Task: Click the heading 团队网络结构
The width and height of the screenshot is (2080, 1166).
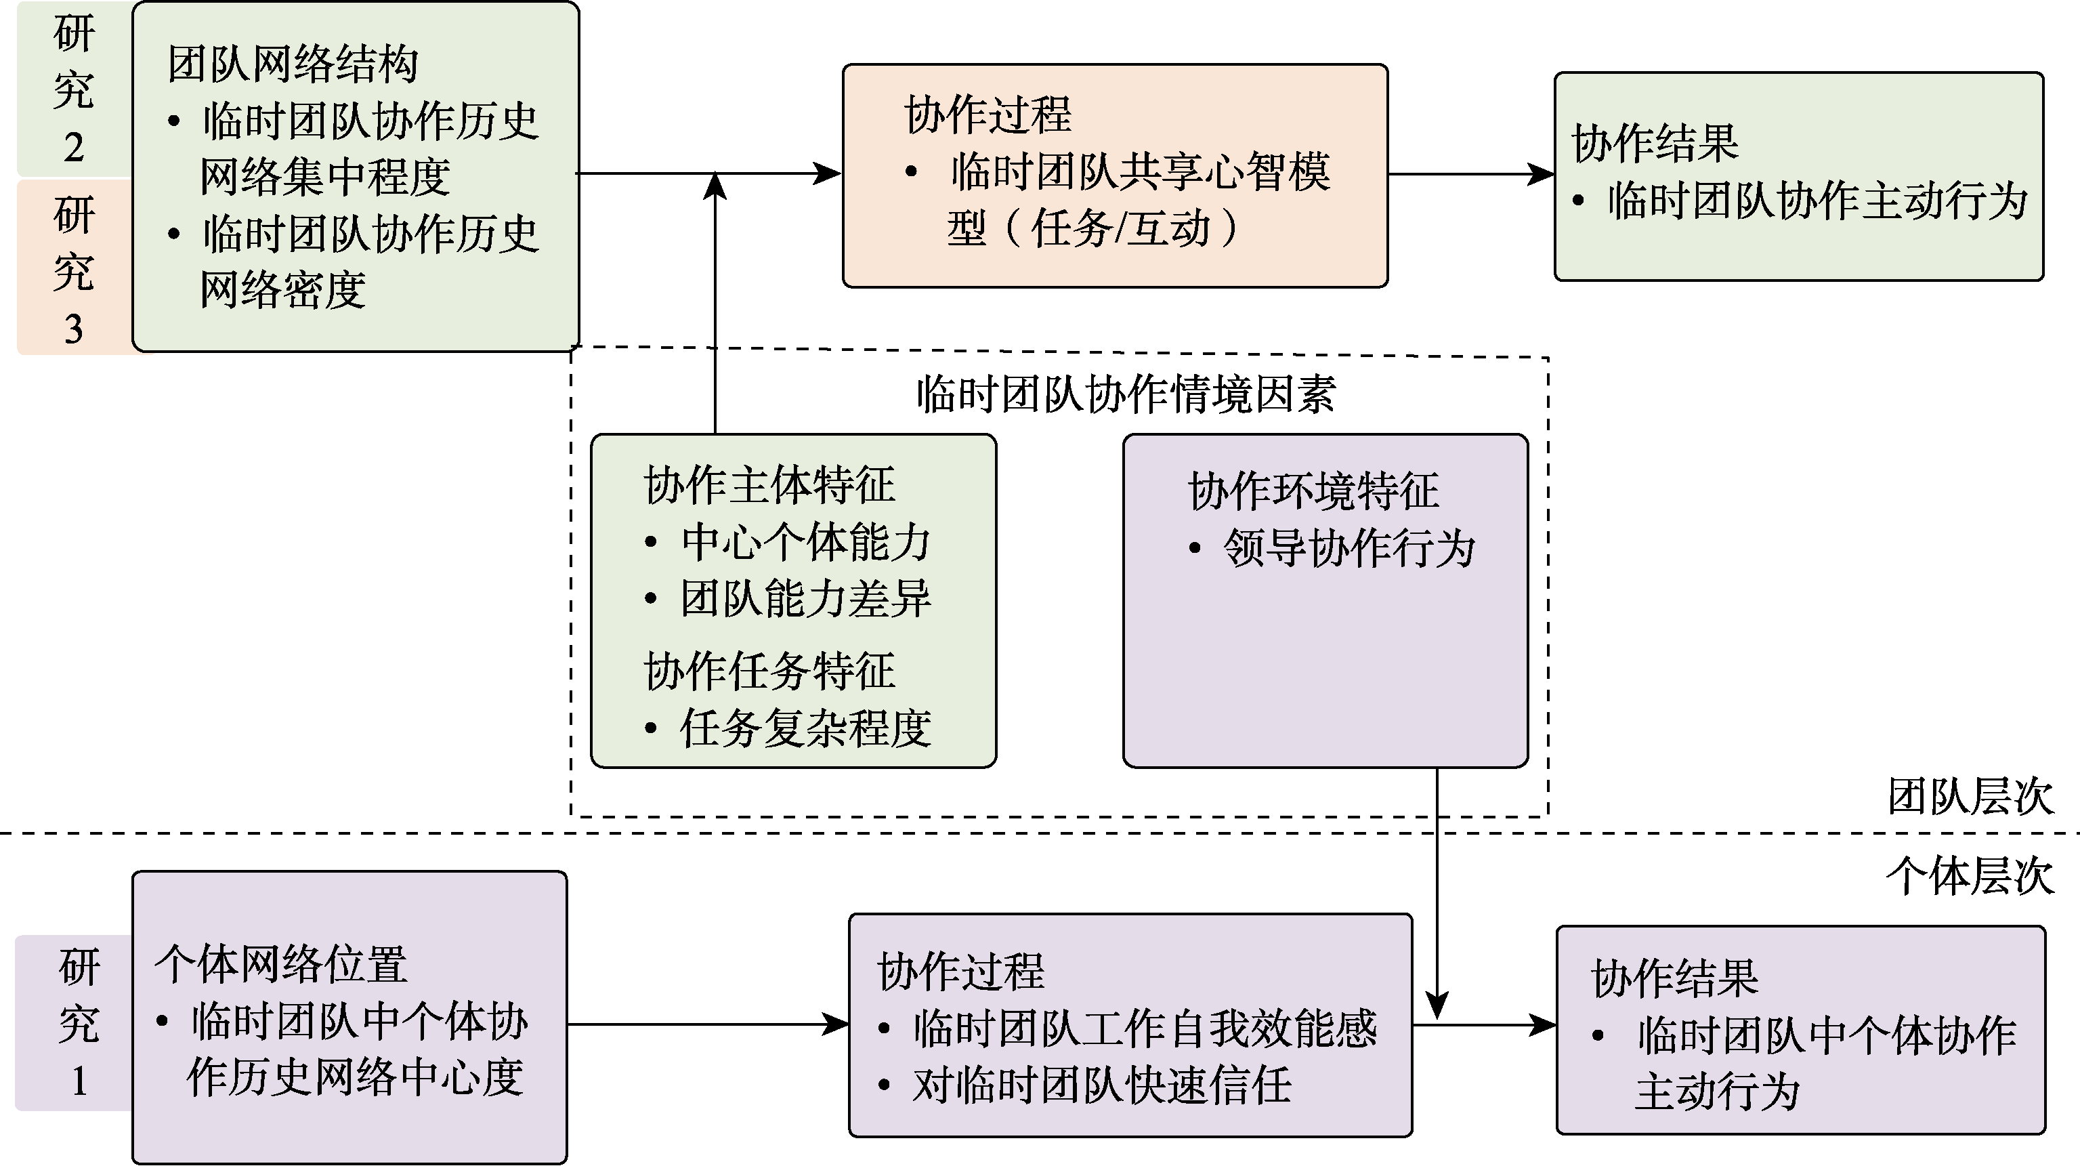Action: pyautogui.click(x=293, y=64)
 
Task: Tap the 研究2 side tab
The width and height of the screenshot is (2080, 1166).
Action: pyautogui.click(x=73, y=89)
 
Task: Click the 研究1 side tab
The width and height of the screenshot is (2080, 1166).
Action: pyautogui.click(x=79, y=1023)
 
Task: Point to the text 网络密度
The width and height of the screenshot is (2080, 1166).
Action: pyautogui.click(x=282, y=290)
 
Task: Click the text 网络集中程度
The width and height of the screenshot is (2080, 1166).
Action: pyautogui.click(x=324, y=177)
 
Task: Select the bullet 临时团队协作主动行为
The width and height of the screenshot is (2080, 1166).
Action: pyautogui.click(x=1817, y=201)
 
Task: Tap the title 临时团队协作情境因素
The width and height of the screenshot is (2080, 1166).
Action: pyautogui.click(x=1126, y=395)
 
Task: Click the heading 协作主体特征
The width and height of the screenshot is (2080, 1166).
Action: pyautogui.click(x=769, y=485)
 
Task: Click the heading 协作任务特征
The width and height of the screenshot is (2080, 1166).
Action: pyautogui.click(x=769, y=671)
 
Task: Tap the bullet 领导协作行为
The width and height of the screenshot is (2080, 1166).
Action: pyautogui.click(x=1349, y=549)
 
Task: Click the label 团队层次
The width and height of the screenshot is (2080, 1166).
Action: pyautogui.click(x=1970, y=797)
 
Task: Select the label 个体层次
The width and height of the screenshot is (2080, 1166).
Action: pyautogui.click(x=1970, y=876)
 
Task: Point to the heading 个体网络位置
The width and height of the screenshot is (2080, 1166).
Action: pyautogui.click(x=281, y=964)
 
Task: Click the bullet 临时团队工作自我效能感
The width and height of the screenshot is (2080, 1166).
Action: pyautogui.click(x=1144, y=1028)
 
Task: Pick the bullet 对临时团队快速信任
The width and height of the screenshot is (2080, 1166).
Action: pyautogui.click(x=1101, y=1085)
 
